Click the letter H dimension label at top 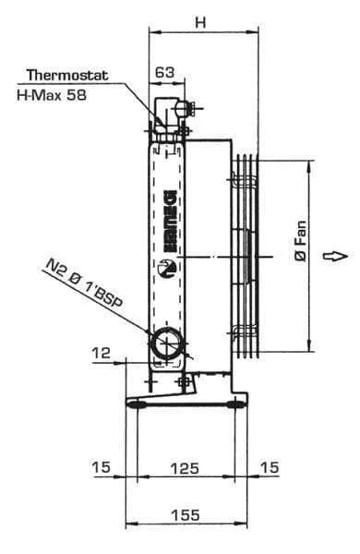coord(200,22)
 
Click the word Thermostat coord(67,76)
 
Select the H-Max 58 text coord(52,95)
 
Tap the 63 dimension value coord(165,72)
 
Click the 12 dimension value coord(101,353)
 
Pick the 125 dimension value coord(185,468)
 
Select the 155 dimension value coord(186,515)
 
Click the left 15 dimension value coord(102,467)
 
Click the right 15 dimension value coord(270,467)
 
